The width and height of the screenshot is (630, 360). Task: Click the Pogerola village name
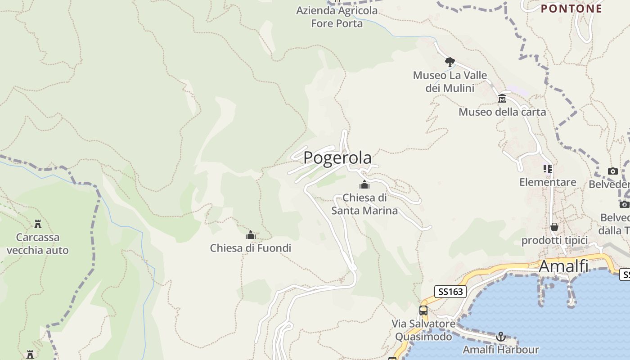pos(337,158)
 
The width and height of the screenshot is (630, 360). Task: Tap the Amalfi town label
pos(563,266)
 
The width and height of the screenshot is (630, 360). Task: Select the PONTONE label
pos(571,9)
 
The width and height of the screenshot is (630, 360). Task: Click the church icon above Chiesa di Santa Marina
pos(364,184)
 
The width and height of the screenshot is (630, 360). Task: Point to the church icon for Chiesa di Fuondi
pos(251,235)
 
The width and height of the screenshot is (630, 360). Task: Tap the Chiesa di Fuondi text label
pos(251,248)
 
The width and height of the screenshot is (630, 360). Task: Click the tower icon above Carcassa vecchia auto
pos(38,224)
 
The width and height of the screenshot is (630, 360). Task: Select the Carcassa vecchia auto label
pos(38,243)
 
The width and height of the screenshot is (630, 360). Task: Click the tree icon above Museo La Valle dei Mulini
pos(450,62)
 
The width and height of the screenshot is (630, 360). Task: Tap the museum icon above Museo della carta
pos(502,99)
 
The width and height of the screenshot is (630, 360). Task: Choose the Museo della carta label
pos(502,112)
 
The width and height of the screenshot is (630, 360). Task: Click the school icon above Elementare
pos(548,169)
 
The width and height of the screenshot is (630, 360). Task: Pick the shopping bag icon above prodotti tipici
pos(554,227)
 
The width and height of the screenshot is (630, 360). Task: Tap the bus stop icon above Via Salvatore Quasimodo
pos(423,310)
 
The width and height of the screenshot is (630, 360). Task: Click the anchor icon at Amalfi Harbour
pos(500,337)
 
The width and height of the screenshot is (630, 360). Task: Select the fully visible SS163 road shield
pos(450,292)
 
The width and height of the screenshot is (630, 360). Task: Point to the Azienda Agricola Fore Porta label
pos(337,17)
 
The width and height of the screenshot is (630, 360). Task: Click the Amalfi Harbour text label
pos(500,350)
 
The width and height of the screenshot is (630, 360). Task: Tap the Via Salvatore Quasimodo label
pos(423,330)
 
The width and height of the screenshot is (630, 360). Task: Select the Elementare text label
pos(548,182)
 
